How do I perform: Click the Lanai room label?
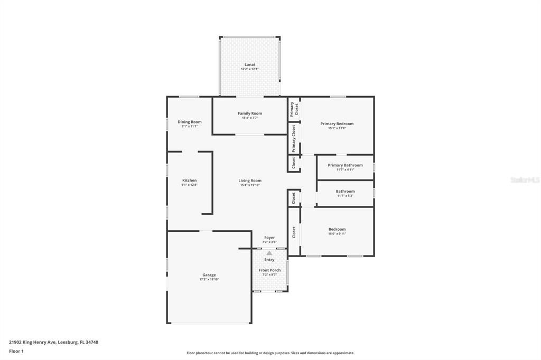pos(250,64)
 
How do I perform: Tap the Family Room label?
pos(250,113)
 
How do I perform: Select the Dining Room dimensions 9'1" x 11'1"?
pos(189,127)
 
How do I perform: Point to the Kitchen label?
pos(189,181)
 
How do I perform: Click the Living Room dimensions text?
pos(250,185)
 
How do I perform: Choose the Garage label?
pos(209,274)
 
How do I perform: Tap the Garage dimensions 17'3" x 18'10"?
pos(209,279)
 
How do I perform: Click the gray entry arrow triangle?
pos(269,253)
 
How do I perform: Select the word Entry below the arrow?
pos(269,260)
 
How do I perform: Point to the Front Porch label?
pos(269,270)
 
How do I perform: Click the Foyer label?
pos(269,238)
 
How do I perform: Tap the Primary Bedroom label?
pos(337,124)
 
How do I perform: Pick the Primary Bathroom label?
pos(345,165)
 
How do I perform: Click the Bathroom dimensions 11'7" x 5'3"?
pos(345,196)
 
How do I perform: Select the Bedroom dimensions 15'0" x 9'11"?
pos(337,234)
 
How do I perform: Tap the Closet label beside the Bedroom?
pos(294,232)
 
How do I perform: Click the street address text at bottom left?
pos(53,342)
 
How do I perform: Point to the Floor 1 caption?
pos(16,351)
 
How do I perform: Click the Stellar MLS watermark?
pos(525,180)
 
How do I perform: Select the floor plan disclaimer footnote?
pos(270,353)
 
